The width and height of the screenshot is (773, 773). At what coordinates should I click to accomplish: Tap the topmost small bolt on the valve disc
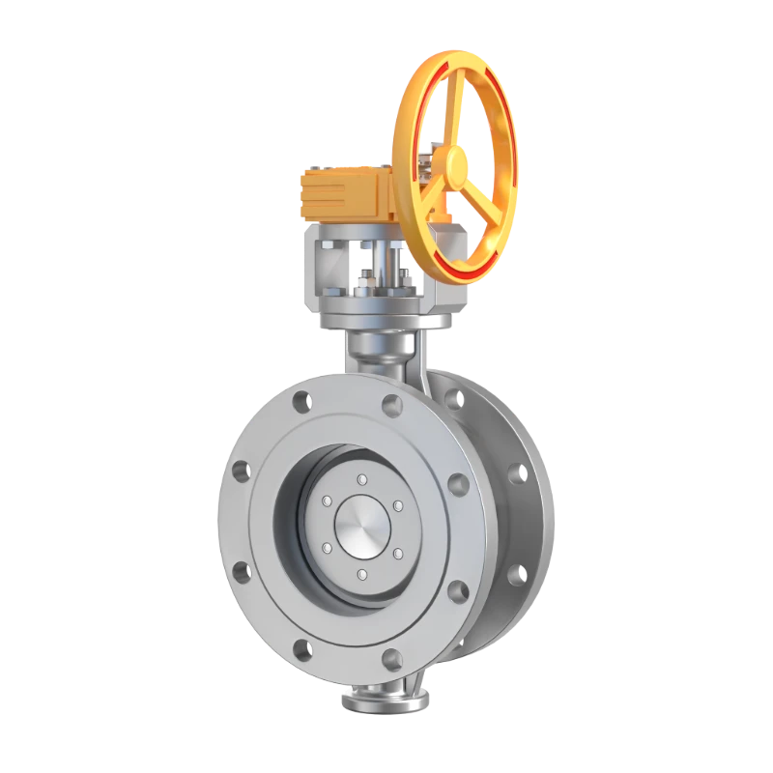361,480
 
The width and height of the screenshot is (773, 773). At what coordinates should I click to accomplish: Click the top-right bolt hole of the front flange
391,404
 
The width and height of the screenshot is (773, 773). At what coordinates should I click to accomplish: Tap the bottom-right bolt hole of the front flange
391,659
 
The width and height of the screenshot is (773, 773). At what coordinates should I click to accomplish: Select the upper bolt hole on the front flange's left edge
241,472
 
